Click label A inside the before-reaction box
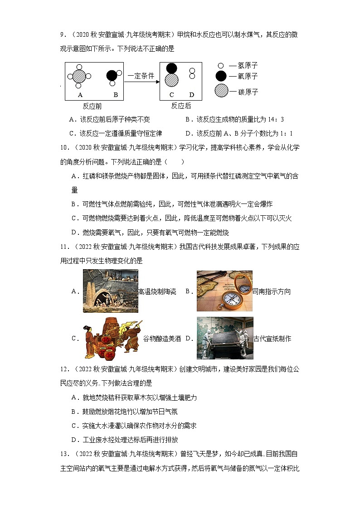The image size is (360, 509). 80,95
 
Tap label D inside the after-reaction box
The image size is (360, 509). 192,95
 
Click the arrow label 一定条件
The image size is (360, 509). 141,76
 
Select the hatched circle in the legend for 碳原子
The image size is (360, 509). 221,91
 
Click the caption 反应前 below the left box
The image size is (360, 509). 92,106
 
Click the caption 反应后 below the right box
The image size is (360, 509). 181,106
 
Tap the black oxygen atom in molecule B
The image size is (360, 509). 112,76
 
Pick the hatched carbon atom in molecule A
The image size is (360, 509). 79,76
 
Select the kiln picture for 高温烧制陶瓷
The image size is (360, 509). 110,291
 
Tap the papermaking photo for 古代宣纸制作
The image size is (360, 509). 225,338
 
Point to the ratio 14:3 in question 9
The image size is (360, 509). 276,120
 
